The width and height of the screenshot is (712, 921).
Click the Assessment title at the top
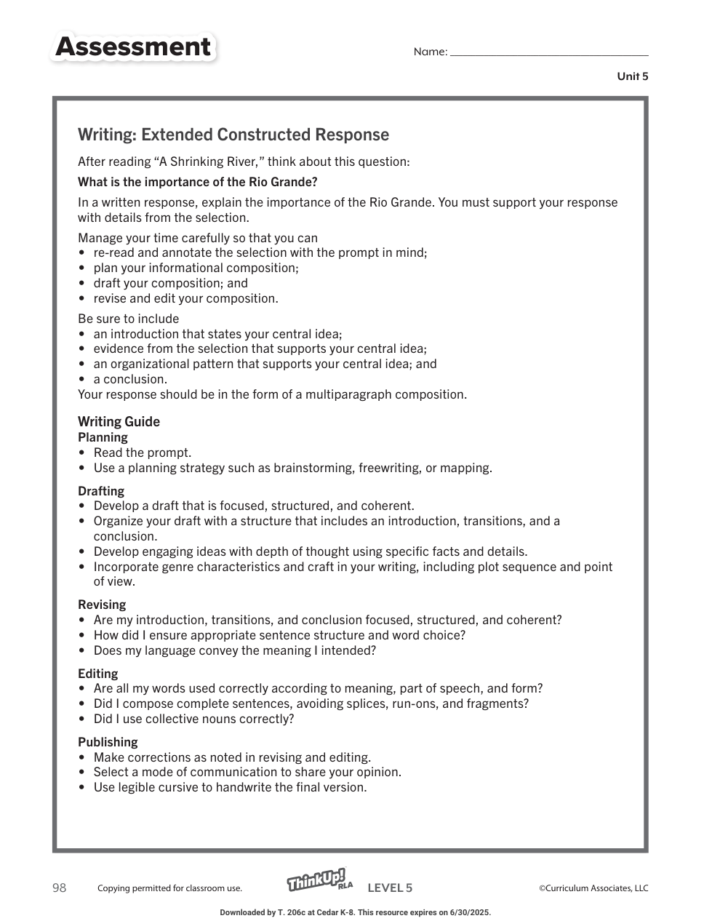click(133, 47)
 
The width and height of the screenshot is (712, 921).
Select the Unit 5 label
click(632, 76)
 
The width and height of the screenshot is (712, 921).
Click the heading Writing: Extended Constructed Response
click(233, 135)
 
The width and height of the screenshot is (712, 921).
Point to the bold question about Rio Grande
click(198, 182)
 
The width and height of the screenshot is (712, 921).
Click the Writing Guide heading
click(119, 422)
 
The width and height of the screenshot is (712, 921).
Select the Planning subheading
click(103, 437)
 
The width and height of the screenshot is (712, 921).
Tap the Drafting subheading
click(101, 491)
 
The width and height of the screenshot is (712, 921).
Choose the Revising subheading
click(102, 605)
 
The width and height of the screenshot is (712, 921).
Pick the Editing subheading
click(97, 674)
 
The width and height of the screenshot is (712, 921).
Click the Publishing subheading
click(108, 742)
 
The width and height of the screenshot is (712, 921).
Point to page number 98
click(59, 888)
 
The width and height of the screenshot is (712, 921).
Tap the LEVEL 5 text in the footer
click(390, 888)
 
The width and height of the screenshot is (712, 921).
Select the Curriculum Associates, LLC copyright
click(593, 888)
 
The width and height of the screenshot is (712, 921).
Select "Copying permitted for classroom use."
click(169, 888)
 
